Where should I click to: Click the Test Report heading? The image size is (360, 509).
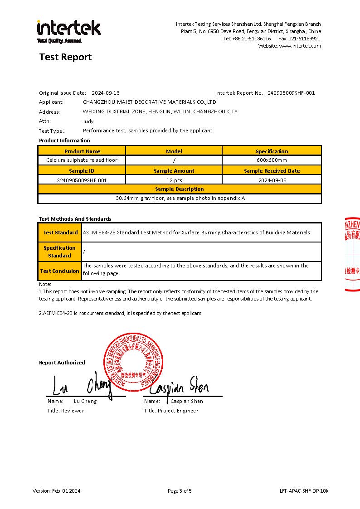point(65,57)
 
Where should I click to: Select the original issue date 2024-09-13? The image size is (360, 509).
point(106,93)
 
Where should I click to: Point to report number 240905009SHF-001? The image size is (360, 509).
point(291,93)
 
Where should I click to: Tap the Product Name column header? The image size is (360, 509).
point(82,151)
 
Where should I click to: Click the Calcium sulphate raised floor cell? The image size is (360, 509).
point(82,160)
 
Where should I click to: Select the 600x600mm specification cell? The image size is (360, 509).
point(272,160)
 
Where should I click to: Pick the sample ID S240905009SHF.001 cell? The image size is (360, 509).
point(82,180)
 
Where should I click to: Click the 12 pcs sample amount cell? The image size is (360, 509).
point(174,180)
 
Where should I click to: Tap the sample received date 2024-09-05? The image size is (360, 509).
point(272,180)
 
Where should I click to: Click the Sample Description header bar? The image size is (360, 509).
point(180,189)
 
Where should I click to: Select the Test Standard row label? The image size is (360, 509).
point(60,233)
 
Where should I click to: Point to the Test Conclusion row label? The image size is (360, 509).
point(59,271)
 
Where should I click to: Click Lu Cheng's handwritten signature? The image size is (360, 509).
point(82,386)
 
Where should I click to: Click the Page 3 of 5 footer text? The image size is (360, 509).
point(180,491)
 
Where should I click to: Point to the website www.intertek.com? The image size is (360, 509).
point(300,46)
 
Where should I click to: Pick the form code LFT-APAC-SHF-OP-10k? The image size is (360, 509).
point(304,491)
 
